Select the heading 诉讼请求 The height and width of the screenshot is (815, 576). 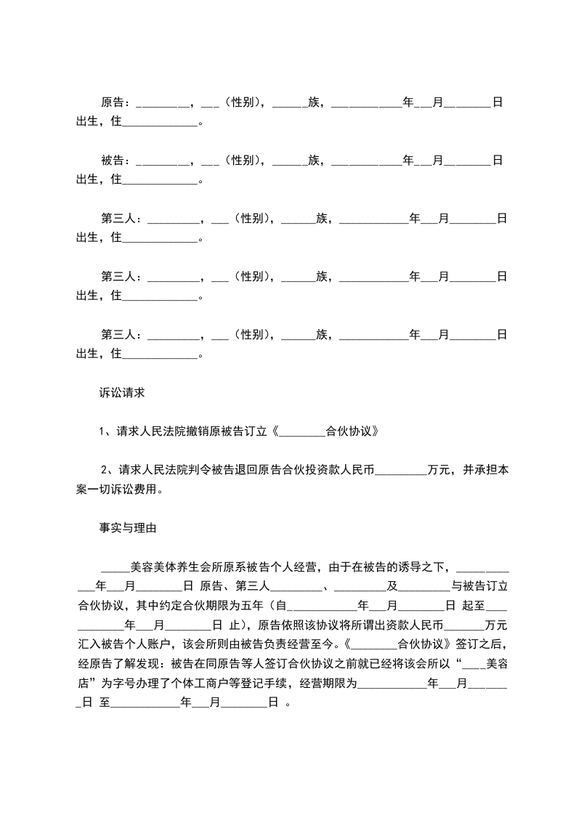click(x=123, y=393)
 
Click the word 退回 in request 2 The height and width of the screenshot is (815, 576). click(x=244, y=471)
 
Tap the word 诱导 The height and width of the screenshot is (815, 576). click(x=416, y=567)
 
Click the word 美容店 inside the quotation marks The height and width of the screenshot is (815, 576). click(x=496, y=662)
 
